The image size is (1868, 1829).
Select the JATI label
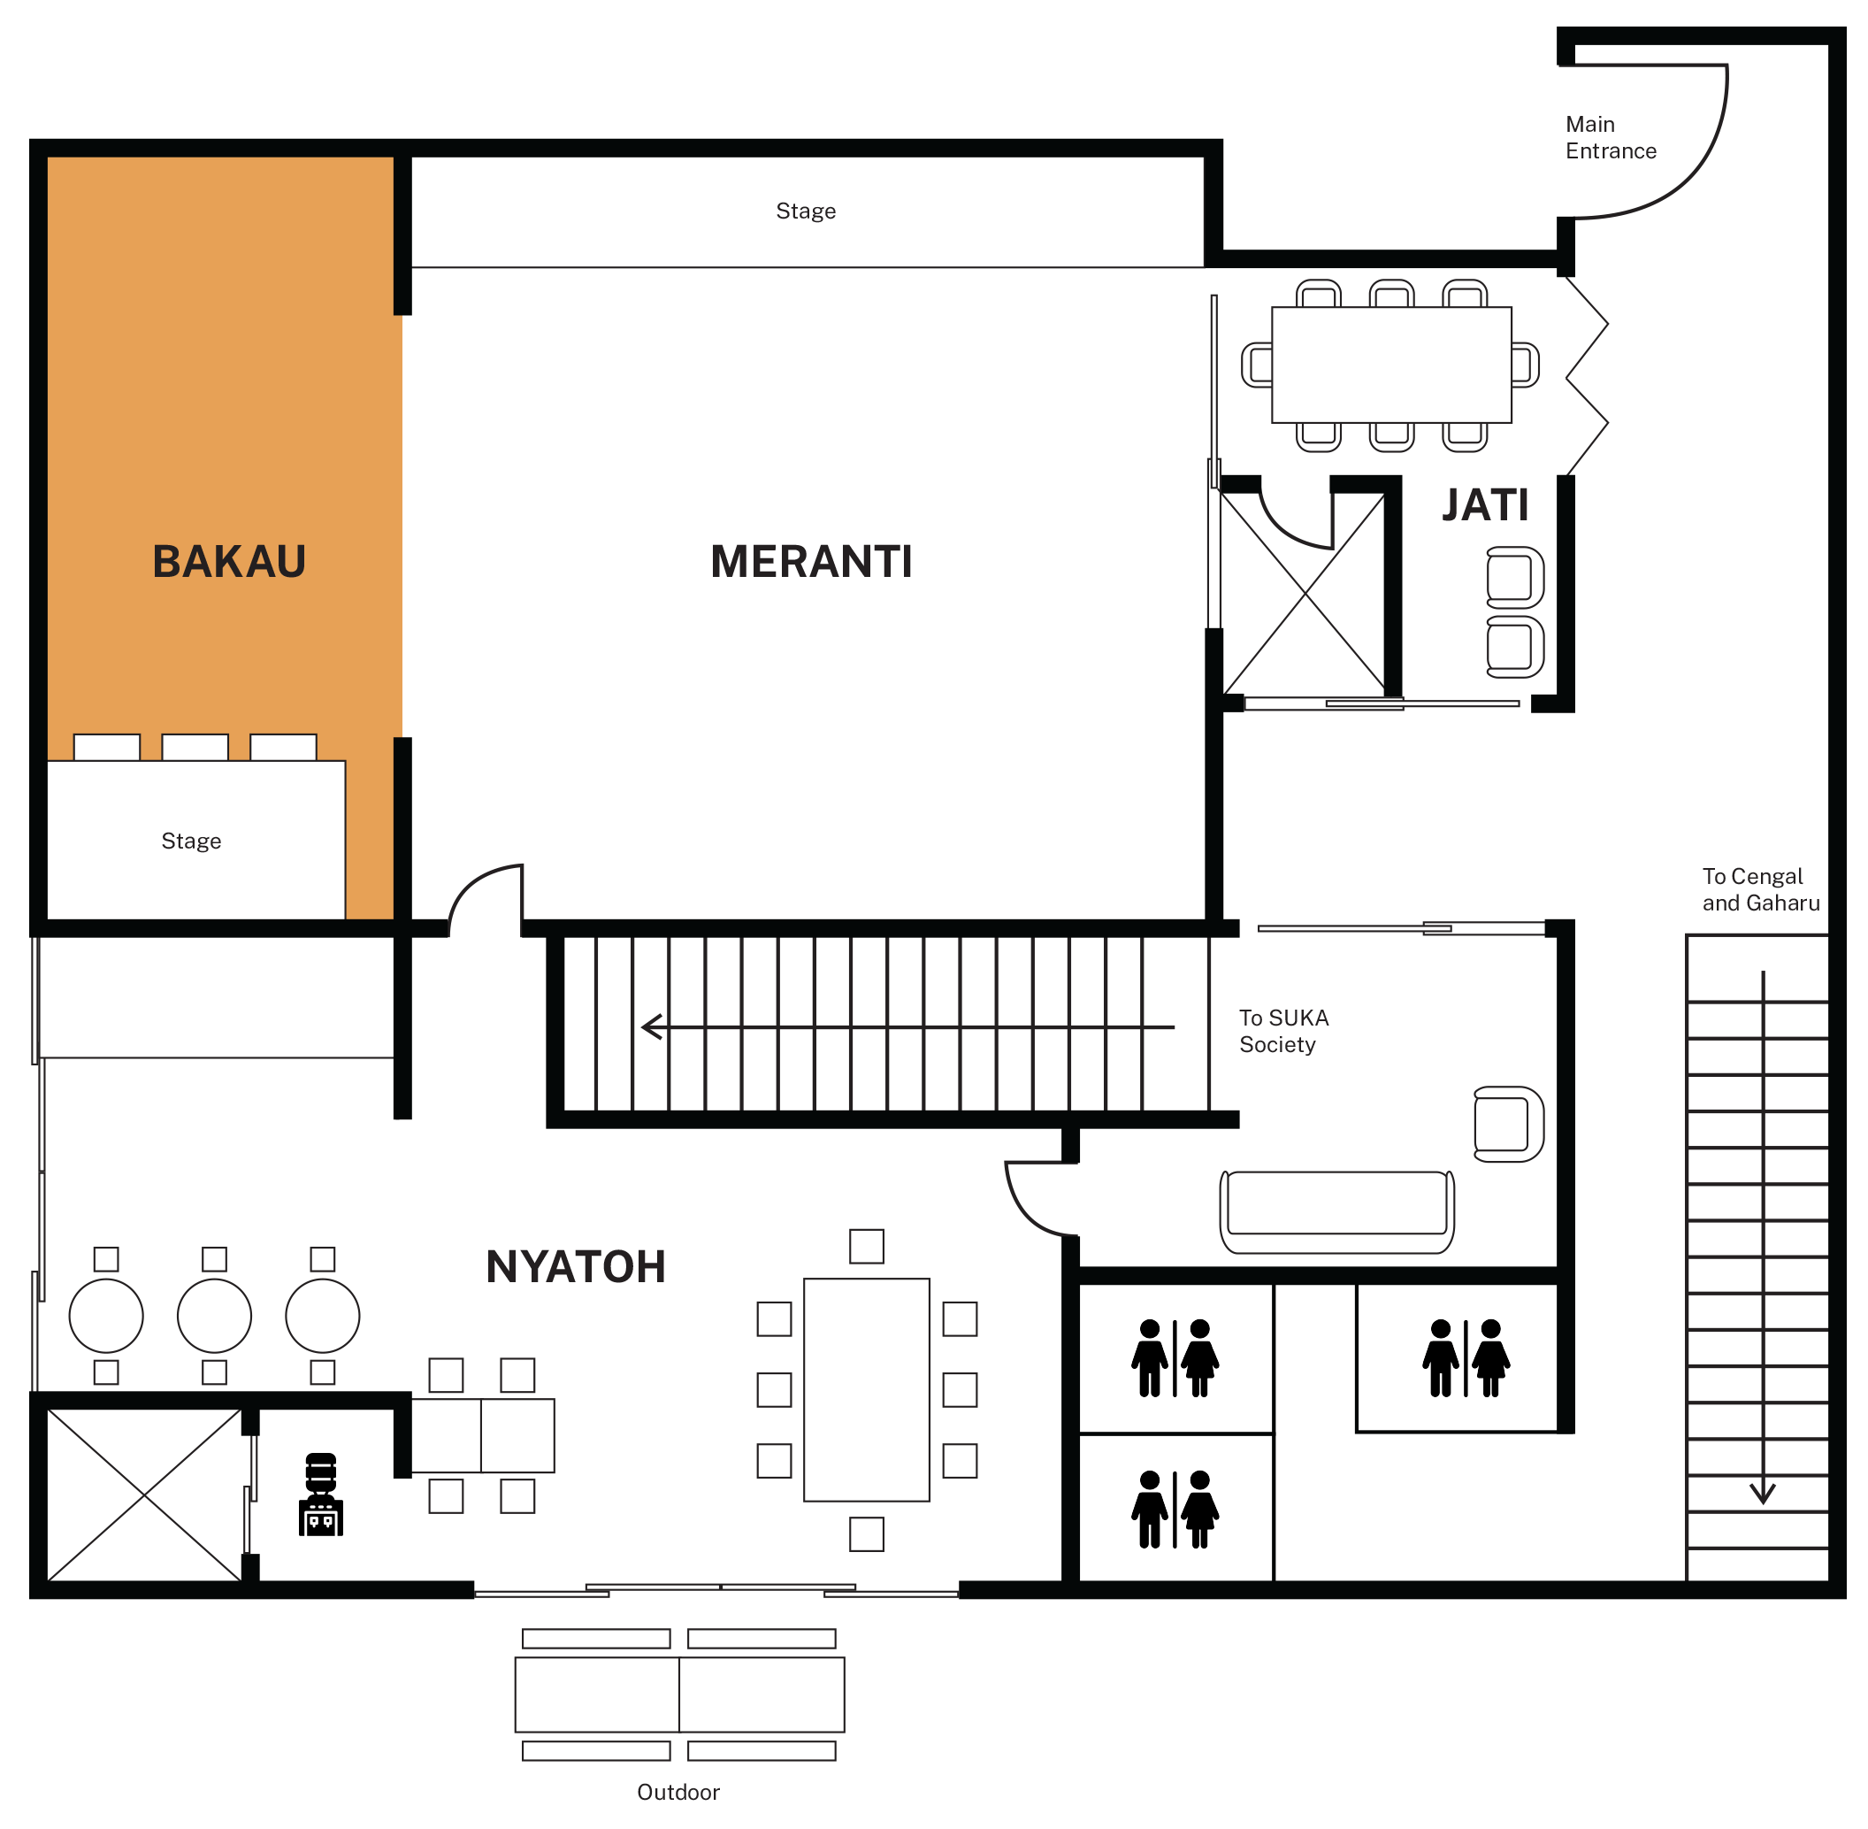1484,505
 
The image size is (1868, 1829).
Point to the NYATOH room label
575,1267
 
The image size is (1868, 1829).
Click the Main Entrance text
1610,137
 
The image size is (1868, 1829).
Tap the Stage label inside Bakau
191,841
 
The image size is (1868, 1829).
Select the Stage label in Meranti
805,211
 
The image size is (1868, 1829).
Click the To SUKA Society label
1283,1031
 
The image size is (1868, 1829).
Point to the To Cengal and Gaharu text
1759,889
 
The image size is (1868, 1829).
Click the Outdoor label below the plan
678,1793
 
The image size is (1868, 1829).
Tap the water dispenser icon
321,1495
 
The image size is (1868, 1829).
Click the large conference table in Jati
1390,365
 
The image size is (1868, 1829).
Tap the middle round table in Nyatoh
214,1316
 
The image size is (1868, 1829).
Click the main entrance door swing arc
1690,173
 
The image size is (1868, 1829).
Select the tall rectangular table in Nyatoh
866,1389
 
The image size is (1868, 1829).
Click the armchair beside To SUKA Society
1509,1124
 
